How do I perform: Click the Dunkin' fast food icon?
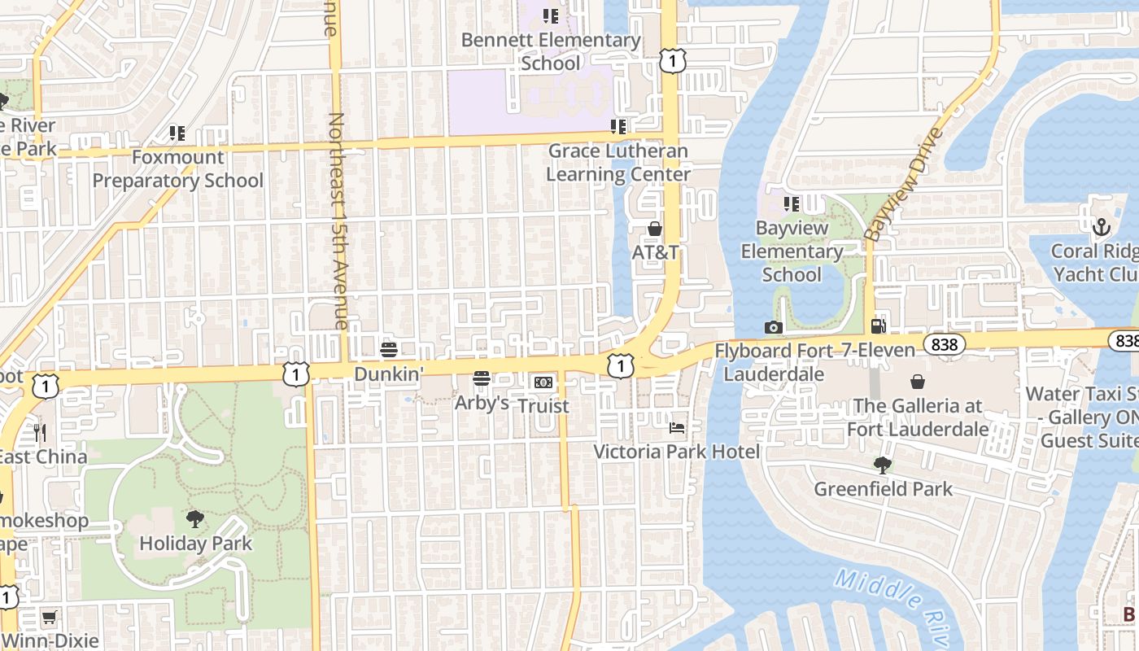pyautogui.click(x=388, y=350)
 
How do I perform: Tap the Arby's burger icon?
pyautogui.click(x=482, y=378)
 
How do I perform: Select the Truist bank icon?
pyautogui.click(x=543, y=382)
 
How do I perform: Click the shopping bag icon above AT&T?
pyautogui.click(x=655, y=229)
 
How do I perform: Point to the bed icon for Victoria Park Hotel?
pyautogui.click(x=677, y=428)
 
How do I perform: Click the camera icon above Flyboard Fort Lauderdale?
pyautogui.click(x=773, y=327)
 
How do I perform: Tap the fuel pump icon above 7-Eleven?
pyautogui.click(x=878, y=326)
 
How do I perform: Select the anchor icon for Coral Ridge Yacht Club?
pyautogui.click(x=1100, y=227)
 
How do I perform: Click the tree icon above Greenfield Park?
pyautogui.click(x=882, y=465)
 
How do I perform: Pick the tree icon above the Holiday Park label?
pyautogui.click(x=194, y=519)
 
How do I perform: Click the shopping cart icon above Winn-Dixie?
pyautogui.click(x=49, y=618)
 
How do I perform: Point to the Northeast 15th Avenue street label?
pyautogui.click(x=338, y=220)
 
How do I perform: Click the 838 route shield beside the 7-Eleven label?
pyautogui.click(x=944, y=345)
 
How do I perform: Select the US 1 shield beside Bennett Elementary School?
pyautogui.click(x=673, y=60)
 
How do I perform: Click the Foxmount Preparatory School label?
pyautogui.click(x=177, y=168)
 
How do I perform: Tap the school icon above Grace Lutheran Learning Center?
pyautogui.click(x=618, y=127)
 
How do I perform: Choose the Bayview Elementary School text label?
pyautogui.click(x=792, y=251)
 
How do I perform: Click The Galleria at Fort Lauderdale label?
pyautogui.click(x=918, y=417)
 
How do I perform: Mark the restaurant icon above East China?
pyautogui.click(x=38, y=432)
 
